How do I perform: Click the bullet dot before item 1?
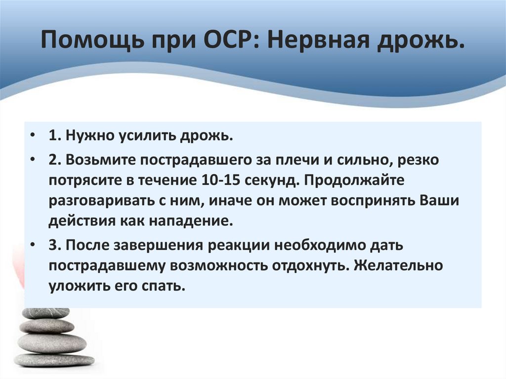32,136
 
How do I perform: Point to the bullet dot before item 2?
32,160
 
